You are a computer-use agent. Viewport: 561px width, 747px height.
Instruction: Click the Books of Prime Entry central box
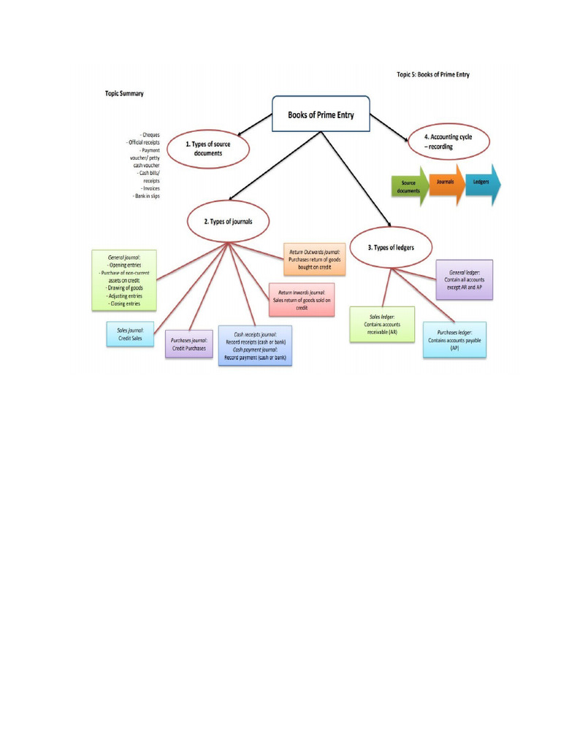click(x=321, y=114)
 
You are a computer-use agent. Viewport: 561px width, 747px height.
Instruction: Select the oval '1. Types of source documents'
click(x=208, y=149)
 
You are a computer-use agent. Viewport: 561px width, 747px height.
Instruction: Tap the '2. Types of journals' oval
click(x=228, y=222)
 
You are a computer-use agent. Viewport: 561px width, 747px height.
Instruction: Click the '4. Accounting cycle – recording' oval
click(x=447, y=142)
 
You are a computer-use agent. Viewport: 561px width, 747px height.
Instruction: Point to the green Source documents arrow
click(x=408, y=187)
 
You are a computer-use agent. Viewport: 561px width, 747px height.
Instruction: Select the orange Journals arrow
click(x=446, y=182)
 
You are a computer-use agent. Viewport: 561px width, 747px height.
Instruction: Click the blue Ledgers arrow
click(x=483, y=183)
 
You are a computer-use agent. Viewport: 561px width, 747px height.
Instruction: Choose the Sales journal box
click(x=130, y=335)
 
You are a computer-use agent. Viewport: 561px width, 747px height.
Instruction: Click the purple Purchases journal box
click(x=189, y=344)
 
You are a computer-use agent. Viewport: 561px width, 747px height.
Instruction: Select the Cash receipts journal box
click(x=255, y=345)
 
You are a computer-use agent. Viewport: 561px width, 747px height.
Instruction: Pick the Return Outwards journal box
click(x=315, y=260)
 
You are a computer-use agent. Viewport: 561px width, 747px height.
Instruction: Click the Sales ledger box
click(x=381, y=324)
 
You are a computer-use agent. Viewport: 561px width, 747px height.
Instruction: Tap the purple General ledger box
click(x=464, y=279)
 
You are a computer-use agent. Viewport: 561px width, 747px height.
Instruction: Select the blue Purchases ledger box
click(x=454, y=340)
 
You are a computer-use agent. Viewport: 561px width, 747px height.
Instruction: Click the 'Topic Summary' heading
click(x=123, y=93)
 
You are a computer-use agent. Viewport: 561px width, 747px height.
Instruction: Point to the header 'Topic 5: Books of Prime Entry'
click(x=433, y=75)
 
